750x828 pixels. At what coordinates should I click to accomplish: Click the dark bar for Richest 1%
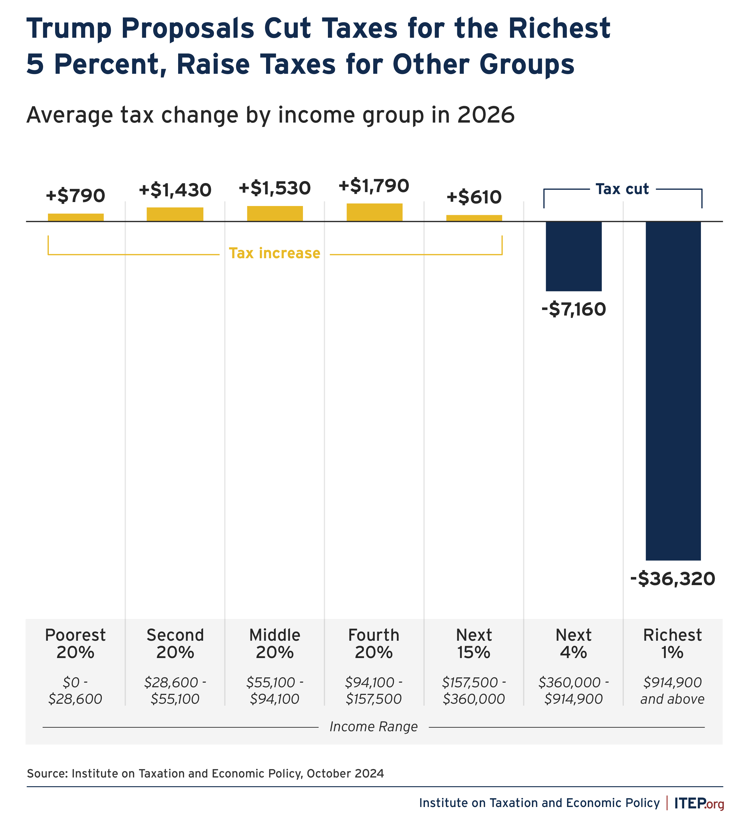pos(673,390)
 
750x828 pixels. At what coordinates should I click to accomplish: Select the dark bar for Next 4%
pos(574,256)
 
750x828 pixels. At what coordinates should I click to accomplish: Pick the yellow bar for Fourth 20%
pos(374,212)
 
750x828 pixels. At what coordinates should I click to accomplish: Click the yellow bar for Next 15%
pos(474,218)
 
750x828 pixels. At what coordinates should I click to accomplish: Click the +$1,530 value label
pos(275,188)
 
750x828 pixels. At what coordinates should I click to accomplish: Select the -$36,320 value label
pos(673,579)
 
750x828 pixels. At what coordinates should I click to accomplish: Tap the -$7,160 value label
pos(574,309)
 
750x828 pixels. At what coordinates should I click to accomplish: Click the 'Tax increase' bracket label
pos(274,253)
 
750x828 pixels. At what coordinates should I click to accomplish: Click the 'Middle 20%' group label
pos(275,644)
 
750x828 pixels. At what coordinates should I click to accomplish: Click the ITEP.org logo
pos(699,803)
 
